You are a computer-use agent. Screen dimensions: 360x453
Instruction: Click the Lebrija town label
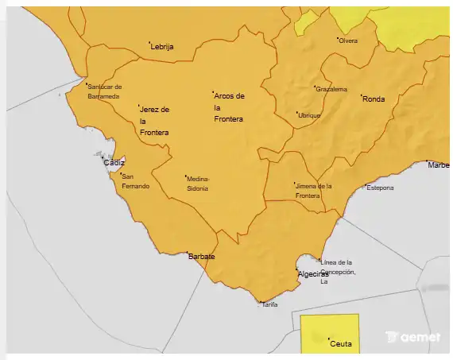tap(163, 47)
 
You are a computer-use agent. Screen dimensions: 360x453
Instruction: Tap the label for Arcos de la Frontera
tap(230, 107)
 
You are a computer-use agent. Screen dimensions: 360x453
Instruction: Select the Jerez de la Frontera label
tap(154, 121)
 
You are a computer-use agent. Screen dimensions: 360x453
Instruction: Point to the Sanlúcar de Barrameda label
tap(104, 91)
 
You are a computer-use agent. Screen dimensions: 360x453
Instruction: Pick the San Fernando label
tap(135, 180)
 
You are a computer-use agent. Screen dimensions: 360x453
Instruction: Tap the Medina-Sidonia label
tap(198, 184)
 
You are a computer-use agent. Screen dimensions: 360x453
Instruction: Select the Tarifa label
tap(270, 304)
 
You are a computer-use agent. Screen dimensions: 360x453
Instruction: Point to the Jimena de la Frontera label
tap(313, 190)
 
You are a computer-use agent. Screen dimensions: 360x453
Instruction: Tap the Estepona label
tap(380, 188)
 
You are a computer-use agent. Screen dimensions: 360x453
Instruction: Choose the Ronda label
tap(374, 99)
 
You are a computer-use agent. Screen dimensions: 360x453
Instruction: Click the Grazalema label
tap(332, 89)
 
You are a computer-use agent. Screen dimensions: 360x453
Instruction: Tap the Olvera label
tap(349, 41)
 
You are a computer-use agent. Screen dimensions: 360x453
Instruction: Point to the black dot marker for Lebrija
tap(150, 42)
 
